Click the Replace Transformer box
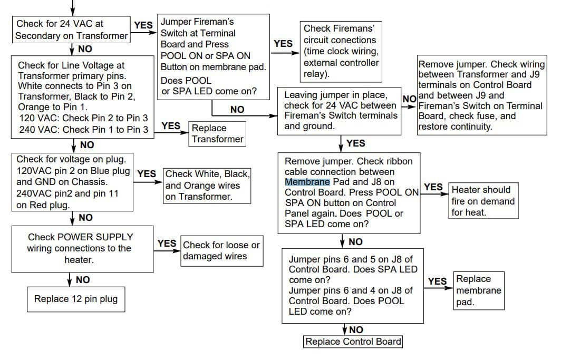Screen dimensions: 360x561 coord(217,133)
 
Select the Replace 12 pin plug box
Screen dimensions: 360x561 coord(76,299)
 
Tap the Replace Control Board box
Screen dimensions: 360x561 coord(353,342)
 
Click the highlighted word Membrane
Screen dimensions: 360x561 coord(307,182)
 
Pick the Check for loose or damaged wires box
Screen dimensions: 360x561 coord(221,250)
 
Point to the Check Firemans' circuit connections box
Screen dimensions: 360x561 coord(341,51)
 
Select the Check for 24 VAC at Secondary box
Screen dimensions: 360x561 coord(72,30)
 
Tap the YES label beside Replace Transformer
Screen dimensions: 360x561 coord(171,126)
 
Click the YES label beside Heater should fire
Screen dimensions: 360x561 coord(433,187)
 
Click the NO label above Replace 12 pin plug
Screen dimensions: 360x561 coord(83,280)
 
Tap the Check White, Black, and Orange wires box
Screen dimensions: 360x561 coord(207,185)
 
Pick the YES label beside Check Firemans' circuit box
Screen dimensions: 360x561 coord(283,44)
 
